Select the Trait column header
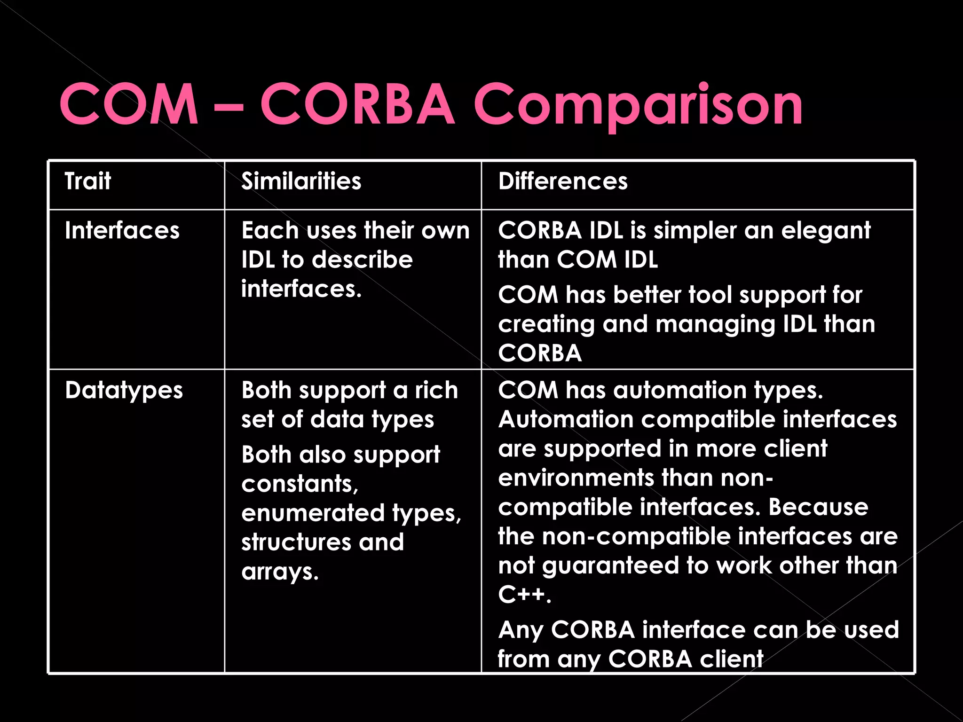88,181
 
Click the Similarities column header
301,181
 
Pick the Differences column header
562,181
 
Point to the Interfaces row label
122,230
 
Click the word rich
436,390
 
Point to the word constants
300,484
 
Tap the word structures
296,542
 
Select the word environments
575,478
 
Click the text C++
524,595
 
